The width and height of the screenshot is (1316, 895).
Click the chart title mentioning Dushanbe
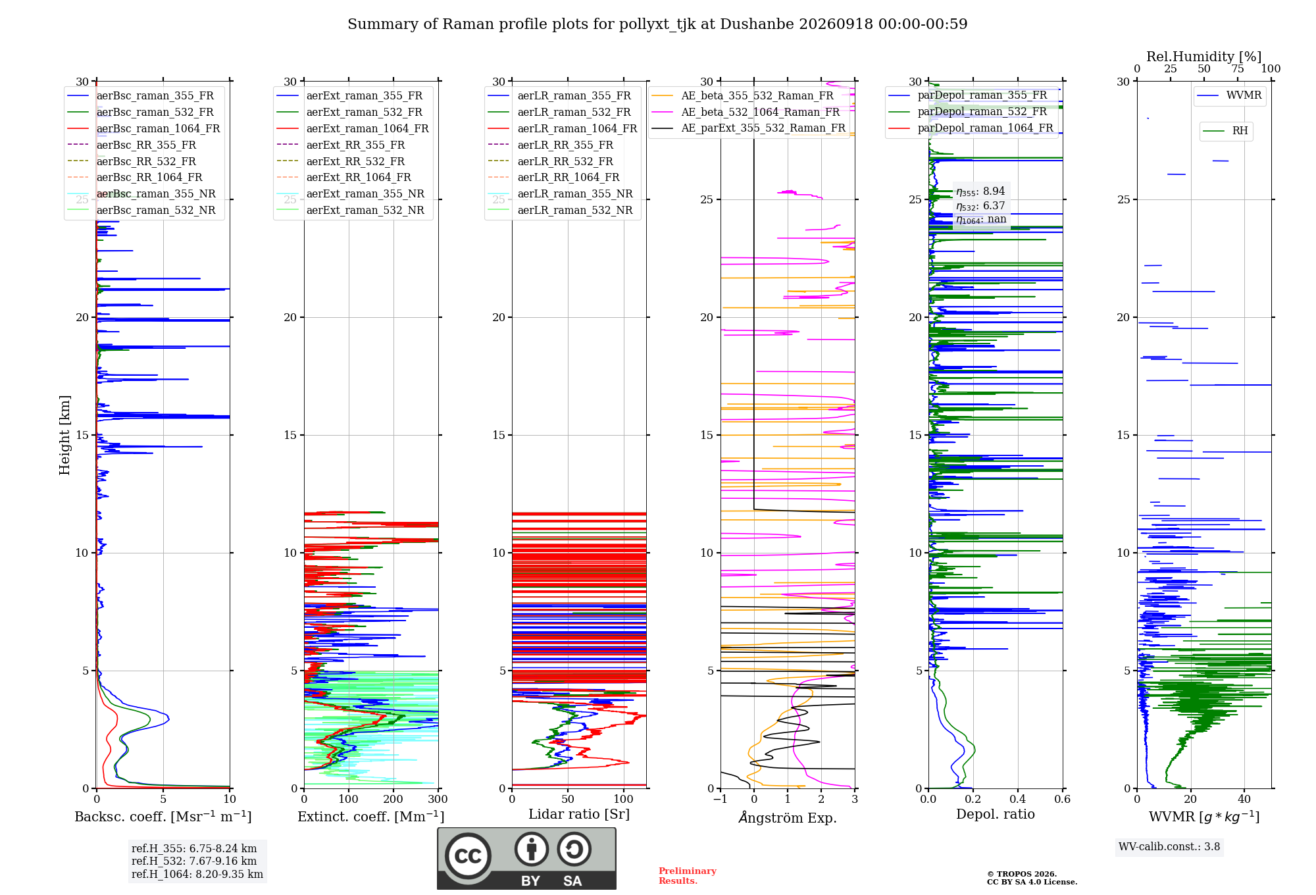(x=657, y=24)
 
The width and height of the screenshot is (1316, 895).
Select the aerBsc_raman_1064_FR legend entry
(x=143, y=128)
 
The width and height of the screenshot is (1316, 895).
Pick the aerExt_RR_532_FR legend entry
(x=341, y=161)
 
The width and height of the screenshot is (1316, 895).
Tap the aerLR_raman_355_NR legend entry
(x=561, y=193)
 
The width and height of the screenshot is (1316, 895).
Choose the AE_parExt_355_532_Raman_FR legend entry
(x=749, y=128)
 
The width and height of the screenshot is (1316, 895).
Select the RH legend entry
(x=1226, y=131)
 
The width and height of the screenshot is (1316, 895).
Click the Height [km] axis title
(x=64, y=435)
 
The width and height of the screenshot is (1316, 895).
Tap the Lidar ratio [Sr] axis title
(x=579, y=814)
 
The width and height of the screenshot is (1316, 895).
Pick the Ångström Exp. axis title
(x=788, y=817)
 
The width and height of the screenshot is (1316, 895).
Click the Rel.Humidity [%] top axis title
(x=1204, y=57)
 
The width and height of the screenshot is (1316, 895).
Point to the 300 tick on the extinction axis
(x=438, y=799)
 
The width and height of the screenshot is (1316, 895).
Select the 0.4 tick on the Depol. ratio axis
(x=1018, y=799)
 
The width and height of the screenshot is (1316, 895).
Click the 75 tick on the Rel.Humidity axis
(x=1238, y=69)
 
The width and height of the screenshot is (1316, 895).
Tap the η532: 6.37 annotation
(x=980, y=206)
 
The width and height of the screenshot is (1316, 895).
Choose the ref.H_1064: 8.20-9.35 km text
(x=197, y=874)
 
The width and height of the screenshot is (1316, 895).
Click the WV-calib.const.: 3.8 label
(x=1169, y=847)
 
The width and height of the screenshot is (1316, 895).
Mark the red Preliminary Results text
(x=688, y=876)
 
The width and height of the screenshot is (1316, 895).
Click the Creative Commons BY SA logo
(x=526, y=858)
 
